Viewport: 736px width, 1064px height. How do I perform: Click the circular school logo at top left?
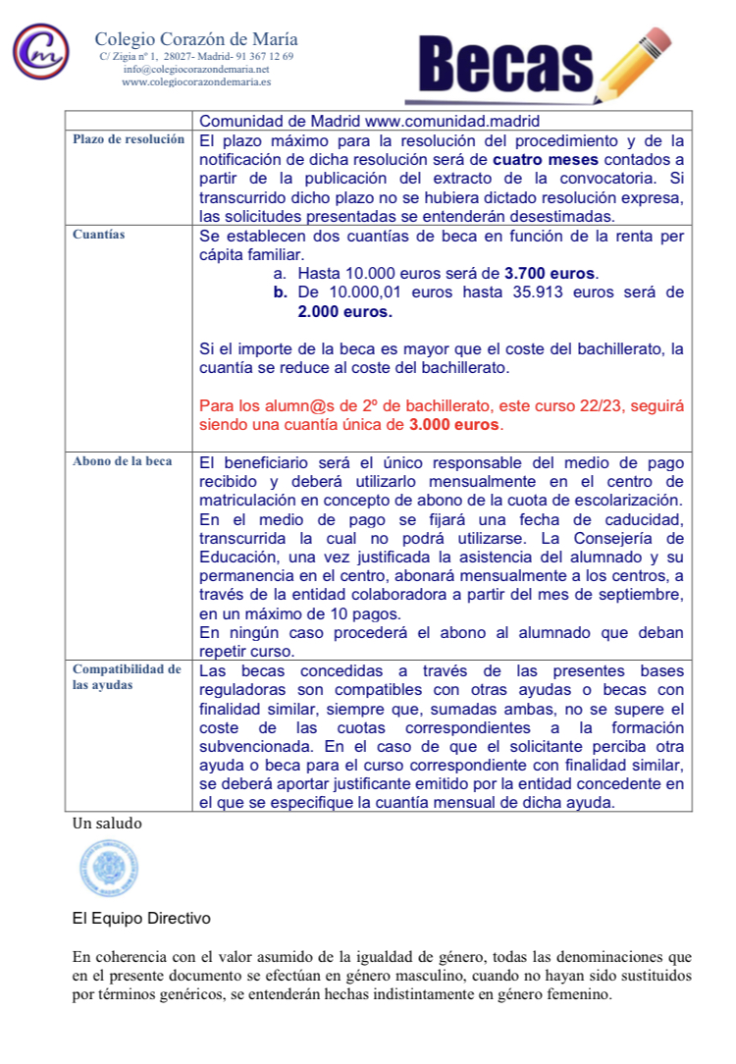(x=40, y=52)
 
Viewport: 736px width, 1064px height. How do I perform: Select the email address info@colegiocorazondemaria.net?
(x=196, y=70)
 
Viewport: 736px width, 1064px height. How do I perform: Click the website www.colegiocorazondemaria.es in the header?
(x=196, y=82)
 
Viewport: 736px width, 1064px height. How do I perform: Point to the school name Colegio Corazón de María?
(x=196, y=40)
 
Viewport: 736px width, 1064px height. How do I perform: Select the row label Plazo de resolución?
(x=129, y=140)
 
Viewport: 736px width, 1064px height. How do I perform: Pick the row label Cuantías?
(x=98, y=236)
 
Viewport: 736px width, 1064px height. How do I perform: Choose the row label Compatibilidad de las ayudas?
(x=127, y=677)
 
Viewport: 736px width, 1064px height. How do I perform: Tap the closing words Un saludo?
(x=107, y=824)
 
